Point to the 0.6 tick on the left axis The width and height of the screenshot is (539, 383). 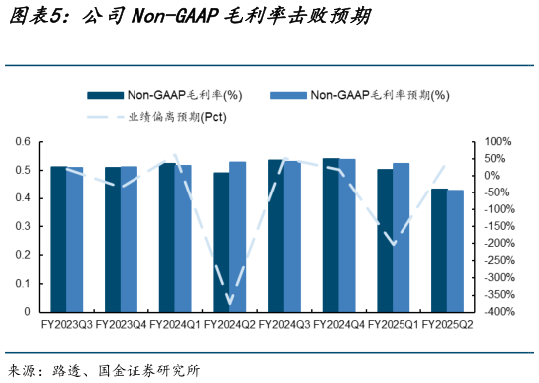(x=23, y=142)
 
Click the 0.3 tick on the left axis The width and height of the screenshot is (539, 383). (x=23, y=226)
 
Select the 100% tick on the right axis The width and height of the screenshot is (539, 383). (x=498, y=142)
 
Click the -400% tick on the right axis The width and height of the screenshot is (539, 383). (x=498, y=312)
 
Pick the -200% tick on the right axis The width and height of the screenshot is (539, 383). (x=498, y=244)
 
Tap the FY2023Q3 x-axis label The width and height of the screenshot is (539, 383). (x=67, y=325)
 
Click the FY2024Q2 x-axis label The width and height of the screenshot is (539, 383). (x=229, y=325)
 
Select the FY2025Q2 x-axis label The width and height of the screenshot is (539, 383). (x=447, y=325)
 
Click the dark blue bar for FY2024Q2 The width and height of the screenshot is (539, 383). (x=221, y=241)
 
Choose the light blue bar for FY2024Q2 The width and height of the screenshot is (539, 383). (x=237, y=236)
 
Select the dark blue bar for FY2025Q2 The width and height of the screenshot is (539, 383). (x=439, y=249)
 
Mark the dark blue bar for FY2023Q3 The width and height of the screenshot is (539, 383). (x=59, y=238)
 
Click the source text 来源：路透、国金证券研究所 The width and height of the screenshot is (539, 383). (x=104, y=370)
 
